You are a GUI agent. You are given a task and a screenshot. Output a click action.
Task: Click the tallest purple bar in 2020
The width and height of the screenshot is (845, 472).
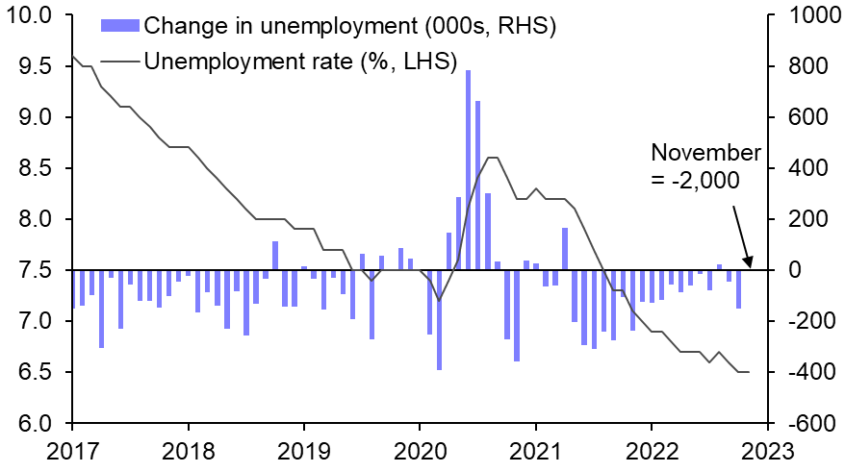(x=468, y=169)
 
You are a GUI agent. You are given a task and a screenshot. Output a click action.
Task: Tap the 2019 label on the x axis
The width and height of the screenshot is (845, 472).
(x=304, y=449)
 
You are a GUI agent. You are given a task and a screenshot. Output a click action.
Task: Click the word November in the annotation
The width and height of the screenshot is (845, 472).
(x=705, y=153)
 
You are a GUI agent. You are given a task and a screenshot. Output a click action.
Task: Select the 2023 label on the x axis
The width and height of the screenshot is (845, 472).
(x=767, y=449)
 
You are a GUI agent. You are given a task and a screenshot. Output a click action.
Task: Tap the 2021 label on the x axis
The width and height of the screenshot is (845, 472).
(x=535, y=449)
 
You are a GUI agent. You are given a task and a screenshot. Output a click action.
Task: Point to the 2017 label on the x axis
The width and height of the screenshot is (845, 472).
(x=72, y=449)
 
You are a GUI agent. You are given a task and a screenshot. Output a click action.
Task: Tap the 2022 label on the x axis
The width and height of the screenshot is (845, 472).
(x=652, y=449)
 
